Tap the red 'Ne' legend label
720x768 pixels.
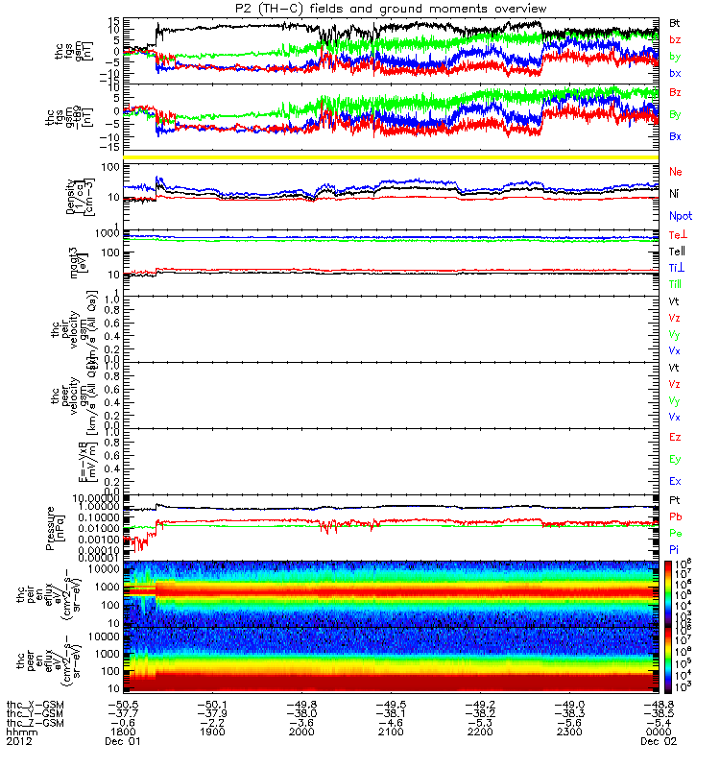click(676, 171)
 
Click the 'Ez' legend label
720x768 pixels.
click(675, 437)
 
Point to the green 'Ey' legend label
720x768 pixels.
click(675, 459)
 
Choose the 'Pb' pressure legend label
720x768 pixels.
click(676, 517)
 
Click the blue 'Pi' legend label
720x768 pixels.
click(675, 548)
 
